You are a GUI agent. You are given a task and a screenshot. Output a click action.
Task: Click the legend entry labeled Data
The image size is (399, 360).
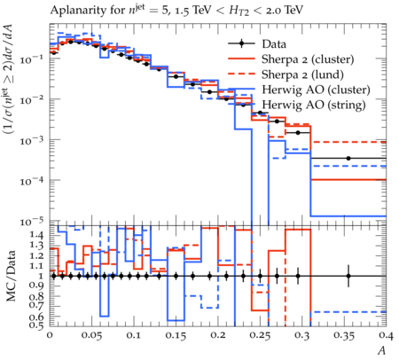274,44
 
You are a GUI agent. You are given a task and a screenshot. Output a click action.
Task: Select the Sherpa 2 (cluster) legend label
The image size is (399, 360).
308,59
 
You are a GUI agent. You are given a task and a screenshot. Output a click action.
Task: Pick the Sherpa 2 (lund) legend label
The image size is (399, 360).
302,74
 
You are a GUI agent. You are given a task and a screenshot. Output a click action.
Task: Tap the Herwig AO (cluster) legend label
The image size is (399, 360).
316,90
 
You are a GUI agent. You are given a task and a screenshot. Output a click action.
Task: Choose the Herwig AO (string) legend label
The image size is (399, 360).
314,105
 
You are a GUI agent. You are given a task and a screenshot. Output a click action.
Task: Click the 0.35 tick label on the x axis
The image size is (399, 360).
344,335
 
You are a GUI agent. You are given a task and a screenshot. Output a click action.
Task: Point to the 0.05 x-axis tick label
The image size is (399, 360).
92,335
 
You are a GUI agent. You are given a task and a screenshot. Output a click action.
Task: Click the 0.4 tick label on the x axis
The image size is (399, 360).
387,335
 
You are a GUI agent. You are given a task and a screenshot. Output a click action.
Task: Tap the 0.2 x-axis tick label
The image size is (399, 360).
218,335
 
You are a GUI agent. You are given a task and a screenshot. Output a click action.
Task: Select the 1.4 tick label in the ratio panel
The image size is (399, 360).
36,235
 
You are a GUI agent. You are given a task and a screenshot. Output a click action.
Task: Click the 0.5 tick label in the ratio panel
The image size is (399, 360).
36,325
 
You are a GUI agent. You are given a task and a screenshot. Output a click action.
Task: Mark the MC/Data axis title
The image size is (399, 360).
12,276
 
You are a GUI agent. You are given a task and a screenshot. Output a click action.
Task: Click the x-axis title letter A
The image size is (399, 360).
382,350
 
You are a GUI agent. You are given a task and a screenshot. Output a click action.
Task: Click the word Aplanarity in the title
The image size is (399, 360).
75,11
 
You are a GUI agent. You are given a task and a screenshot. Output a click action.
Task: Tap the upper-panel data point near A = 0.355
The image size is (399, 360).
348,159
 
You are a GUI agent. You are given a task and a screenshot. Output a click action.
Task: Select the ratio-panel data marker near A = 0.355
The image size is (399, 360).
348,276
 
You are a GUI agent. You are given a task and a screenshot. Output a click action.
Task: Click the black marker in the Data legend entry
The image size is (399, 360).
241,43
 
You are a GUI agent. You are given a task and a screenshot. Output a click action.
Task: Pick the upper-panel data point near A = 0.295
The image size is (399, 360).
298,133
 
